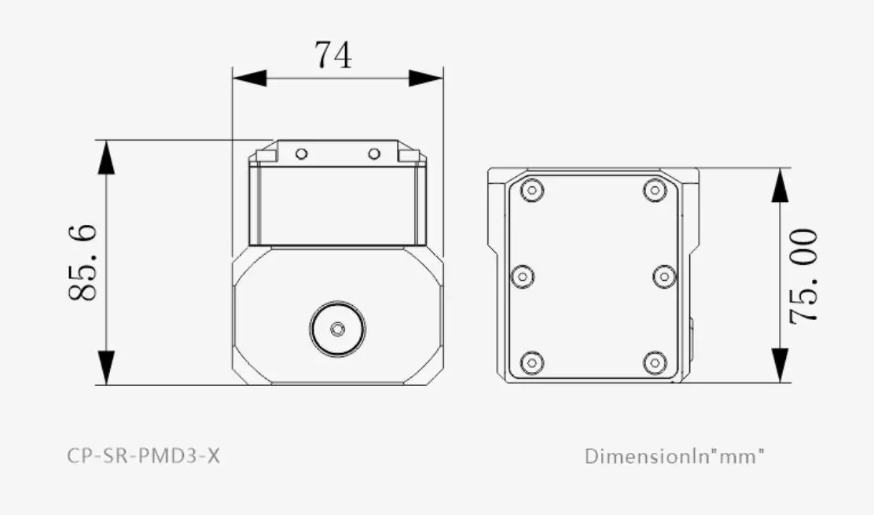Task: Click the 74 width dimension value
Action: pyautogui.click(x=333, y=55)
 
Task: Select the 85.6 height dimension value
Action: pyautogui.click(x=83, y=262)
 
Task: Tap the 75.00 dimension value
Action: pyautogui.click(x=805, y=276)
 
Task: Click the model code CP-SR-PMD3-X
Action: pyautogui.click(x=144, y=455)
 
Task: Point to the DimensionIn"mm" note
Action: pyautogui.click(x=674, y=455)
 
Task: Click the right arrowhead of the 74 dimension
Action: pyautogui.click(x=426, y=78)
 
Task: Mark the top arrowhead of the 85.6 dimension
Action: pyautogui.click(x=105, y=157)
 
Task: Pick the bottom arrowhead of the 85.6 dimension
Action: pyautogui.click(x=105, y=368)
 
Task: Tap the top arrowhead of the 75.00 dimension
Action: pyautogui.click(x=779, y=186)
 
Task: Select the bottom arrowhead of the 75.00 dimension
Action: pyautogui.click(x=779, y=366)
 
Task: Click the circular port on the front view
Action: pyautogui.click(x=337, y=329)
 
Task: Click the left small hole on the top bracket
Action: pyautogui.click(x=301, y=153)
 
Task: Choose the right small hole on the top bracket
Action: pyautogui.click(x=374, y=153)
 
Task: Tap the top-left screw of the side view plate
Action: pyautogui.click(x=533, y=190)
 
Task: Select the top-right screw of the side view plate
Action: pyautogui.click(x=655, y=190)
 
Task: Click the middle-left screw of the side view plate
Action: pyautogui.click(x=523, y=276)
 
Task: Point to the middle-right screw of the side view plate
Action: pyautogui.click(x=665, y=276)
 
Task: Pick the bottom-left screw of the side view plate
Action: pyautogui.click(x=533, y=362)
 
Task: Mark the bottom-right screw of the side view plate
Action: pyautogui.click(x=655, y=362)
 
